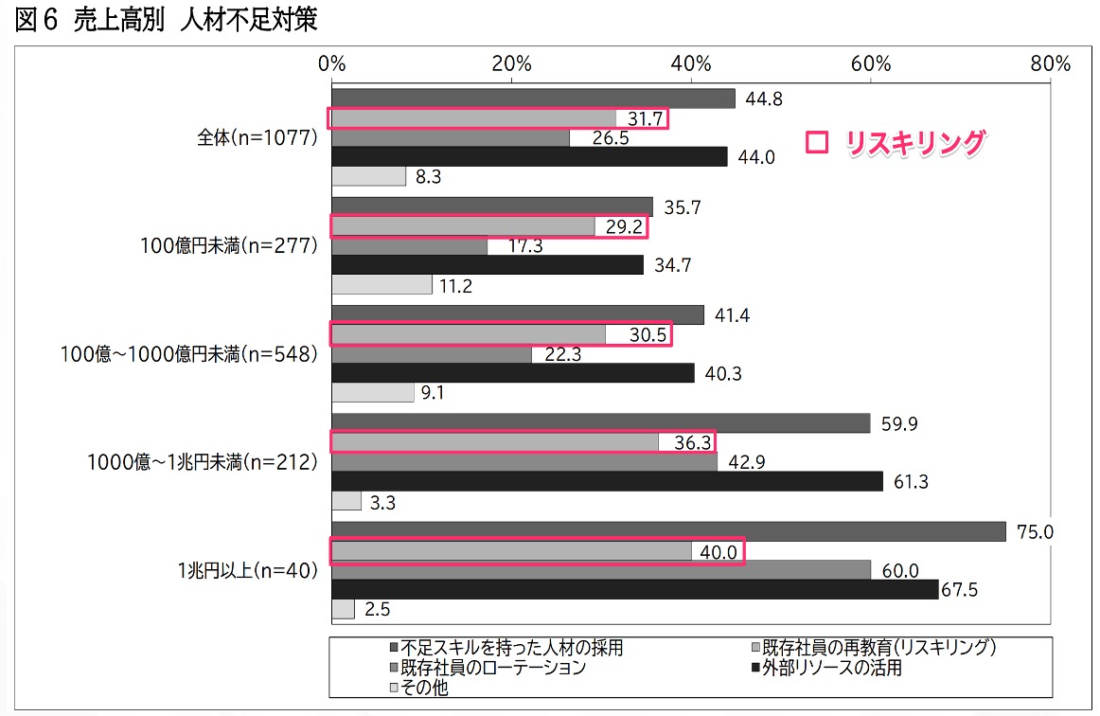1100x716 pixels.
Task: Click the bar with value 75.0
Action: (x=668, y=531)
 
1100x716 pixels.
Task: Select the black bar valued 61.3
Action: (x=607, y=481)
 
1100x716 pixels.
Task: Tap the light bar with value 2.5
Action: (x=343, y=609)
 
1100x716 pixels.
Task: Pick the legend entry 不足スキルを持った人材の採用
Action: (x=511, y=648)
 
